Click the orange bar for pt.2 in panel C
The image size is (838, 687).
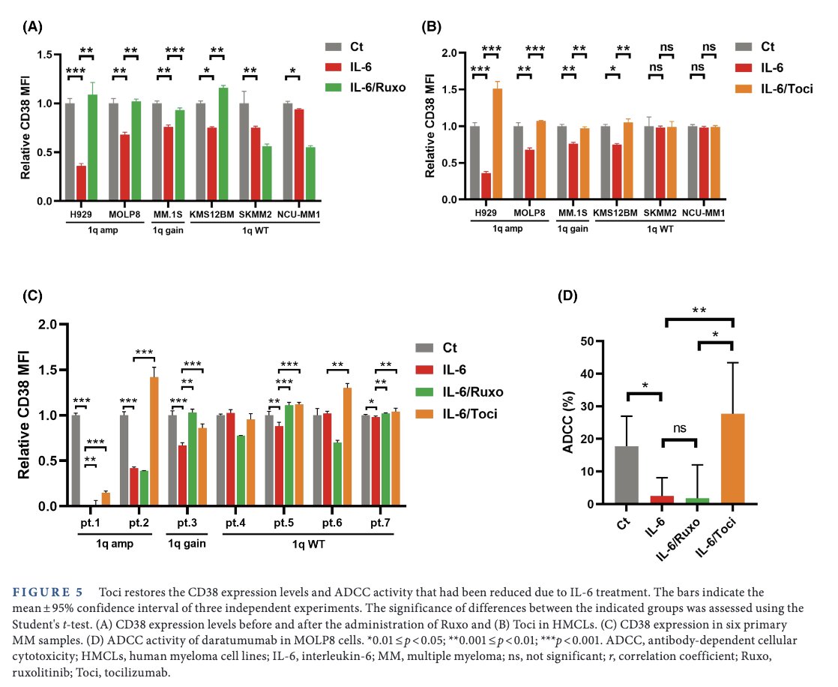click(154, 442)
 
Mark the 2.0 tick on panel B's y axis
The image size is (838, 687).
click(447, 54)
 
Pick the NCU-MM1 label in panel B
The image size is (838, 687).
click(704, 212)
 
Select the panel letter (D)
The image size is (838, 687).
click(570, 295)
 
